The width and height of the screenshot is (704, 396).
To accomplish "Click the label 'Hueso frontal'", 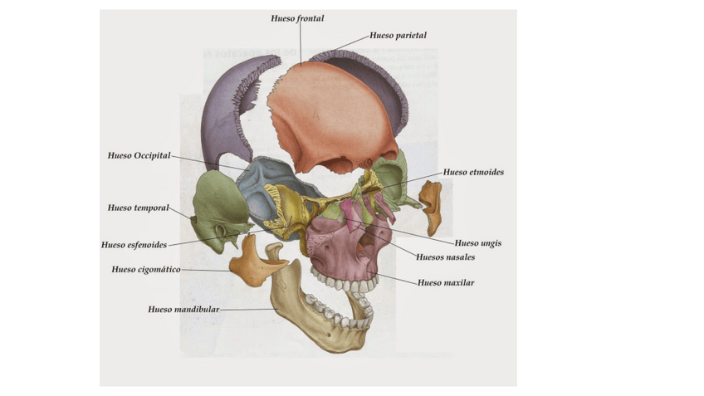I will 297,18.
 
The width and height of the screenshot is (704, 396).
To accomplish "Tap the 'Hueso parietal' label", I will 398,36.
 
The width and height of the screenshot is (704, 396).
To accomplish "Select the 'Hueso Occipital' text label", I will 139,155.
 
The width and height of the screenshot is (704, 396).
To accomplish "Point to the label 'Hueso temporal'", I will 138,208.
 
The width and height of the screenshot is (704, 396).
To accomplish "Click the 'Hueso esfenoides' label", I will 134,245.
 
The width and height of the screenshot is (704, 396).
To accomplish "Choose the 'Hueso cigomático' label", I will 145,270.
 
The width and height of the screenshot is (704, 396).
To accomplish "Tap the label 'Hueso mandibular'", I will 183,310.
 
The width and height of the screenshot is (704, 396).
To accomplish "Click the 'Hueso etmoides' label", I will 473,173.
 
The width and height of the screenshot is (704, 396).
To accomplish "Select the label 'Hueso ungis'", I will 478,244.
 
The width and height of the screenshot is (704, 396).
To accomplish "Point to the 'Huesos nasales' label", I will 445,257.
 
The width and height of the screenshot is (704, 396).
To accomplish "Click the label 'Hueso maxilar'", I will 446,283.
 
